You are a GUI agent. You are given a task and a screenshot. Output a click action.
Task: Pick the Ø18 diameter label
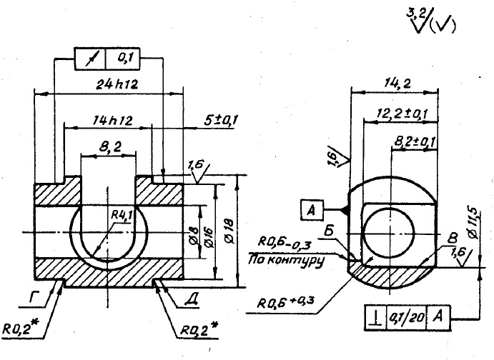click(x=237, y=226)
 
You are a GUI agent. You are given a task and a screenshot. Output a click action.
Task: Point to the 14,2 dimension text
click(x=392, y=82)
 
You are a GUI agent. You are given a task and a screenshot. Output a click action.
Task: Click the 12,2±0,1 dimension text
click(x=402, y=114)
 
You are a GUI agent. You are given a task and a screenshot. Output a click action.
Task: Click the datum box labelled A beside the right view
click(x=311, y=210)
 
